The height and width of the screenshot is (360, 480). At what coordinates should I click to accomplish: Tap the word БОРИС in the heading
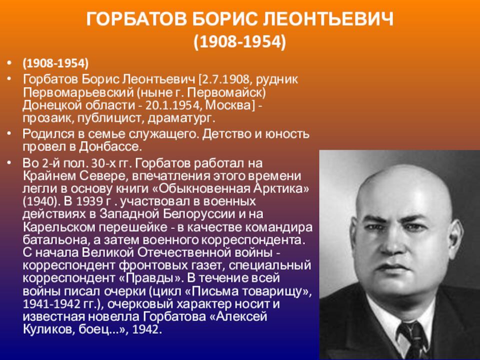[x=225, y=19]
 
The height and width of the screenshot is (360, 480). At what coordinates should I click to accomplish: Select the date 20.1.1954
[x=172, y=105]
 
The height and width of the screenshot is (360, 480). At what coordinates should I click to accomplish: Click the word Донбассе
[x=111, y=146]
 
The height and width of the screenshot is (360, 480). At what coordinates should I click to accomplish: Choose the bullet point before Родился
[x=10, y=134]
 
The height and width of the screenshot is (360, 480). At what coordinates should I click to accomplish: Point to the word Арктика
[x=281, y=188]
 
